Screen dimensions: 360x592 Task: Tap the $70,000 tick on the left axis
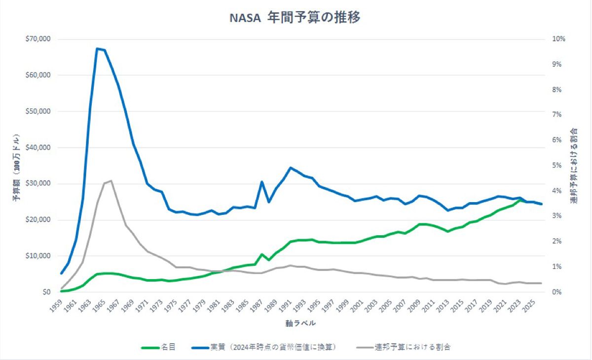pyautogui.click(x=38, y=39)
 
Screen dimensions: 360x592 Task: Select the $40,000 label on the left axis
pyautogui.click(x=38, y=147)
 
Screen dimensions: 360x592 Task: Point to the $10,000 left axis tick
pyautogui.click(x=38, y=256)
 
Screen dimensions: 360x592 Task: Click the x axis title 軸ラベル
pyautogui.click(x=300, y=324)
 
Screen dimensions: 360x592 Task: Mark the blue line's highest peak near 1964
pyautogui.click(x=97, y=48)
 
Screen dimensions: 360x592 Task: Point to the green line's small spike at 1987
pyautogui.click(x=262, y=254)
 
